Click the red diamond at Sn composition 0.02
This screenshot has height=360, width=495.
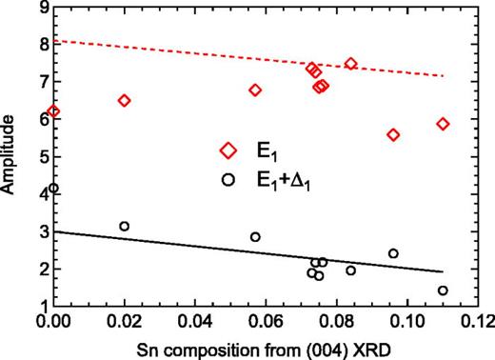pos(124,100)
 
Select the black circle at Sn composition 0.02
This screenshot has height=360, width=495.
pos(124,226)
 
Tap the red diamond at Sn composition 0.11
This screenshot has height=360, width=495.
pos(443,124)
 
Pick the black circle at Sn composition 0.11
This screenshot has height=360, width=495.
pos(443,290)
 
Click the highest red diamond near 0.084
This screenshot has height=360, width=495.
pos(350,64)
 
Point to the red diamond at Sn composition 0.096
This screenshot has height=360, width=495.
pos(393,134)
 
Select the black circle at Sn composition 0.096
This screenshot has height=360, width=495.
pos(393,253)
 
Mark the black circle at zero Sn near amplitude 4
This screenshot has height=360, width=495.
pos(54,189)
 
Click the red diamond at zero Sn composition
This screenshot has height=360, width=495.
pos(54,111)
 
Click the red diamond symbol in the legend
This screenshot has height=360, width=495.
pos(228,150)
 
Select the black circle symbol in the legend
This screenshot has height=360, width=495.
pos(228,178)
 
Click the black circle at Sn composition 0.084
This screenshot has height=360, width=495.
pos(350,270)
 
